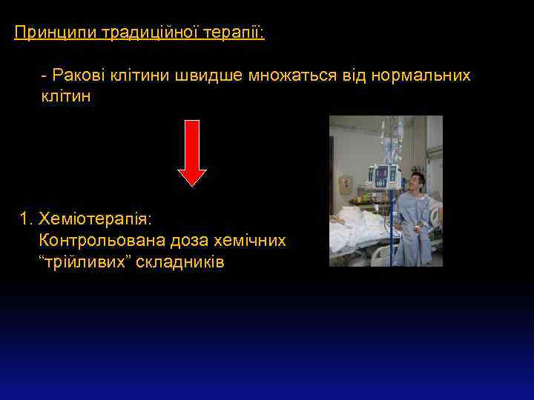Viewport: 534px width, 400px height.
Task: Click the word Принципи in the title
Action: pyautogui.click(x=55, y=33)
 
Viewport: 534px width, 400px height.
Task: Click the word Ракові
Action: pyautogui.click(x=77, y=76)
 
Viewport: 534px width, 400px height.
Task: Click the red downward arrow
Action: pyautogui.click(x=193, y=152)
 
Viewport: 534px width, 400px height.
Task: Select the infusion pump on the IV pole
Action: pyautogui.click(x=384, y=176)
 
